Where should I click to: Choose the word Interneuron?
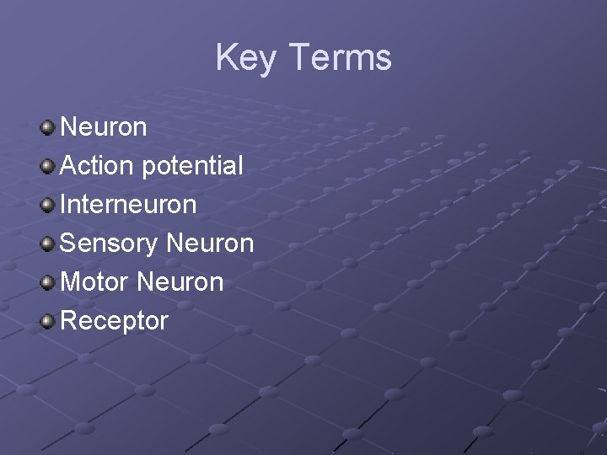click(x=129, y=204)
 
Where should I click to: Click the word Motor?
click(x=94, y=281)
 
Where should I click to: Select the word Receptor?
click(x=115, y=321)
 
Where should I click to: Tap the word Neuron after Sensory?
click(x=210, y=243)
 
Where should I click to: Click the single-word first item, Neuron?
click(x=105, y=127)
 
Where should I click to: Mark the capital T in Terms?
click(x=299, y=58)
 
